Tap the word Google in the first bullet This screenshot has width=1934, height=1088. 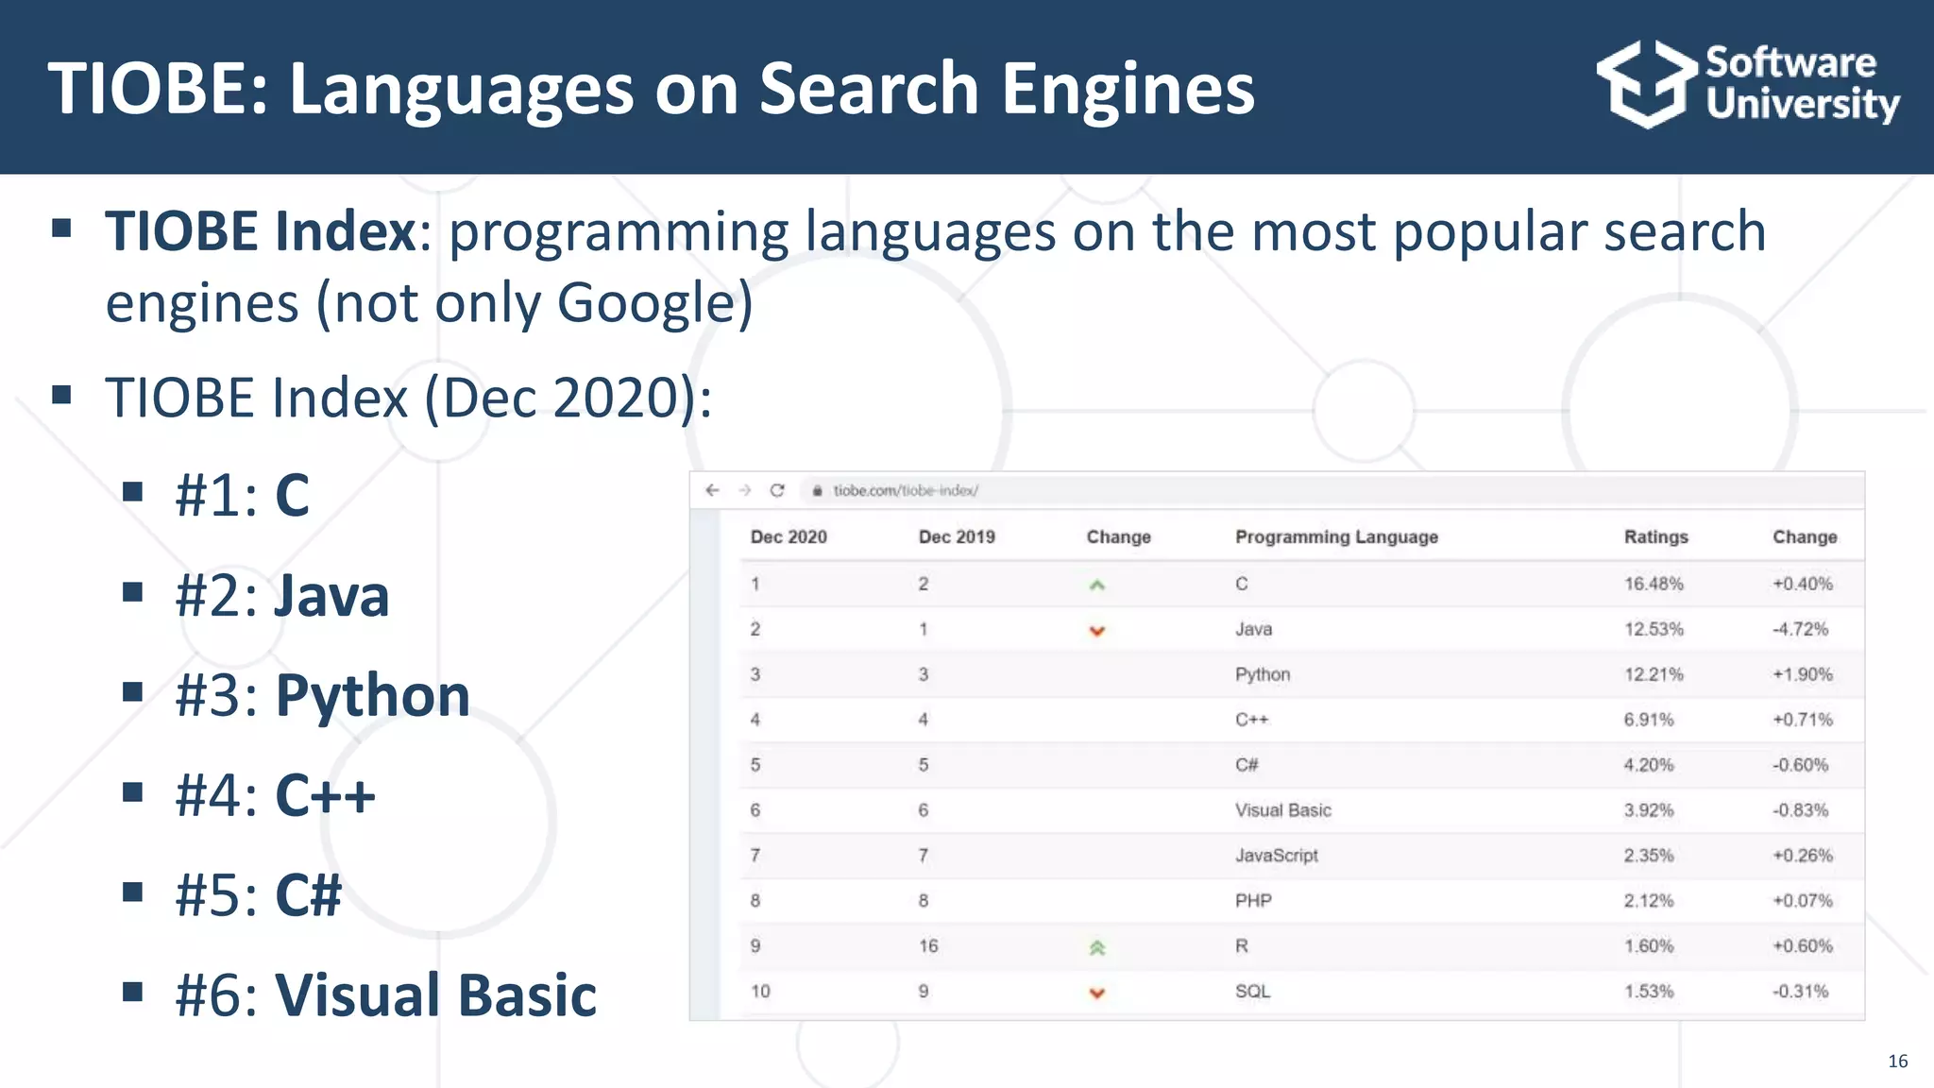point(641,303)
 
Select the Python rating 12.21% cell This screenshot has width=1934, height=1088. point(1653,674)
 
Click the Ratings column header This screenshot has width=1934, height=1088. point(1655,536)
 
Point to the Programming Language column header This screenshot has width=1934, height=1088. point(1336,536)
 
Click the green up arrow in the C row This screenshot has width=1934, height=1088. point(1096,586)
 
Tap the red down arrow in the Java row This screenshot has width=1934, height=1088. point(1096,631)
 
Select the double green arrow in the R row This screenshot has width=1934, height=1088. point(1096,947)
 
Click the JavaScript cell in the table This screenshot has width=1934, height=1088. point(1276,856)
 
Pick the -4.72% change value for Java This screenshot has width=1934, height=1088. point(1800,629)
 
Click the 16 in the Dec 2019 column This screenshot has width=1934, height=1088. point(928,946)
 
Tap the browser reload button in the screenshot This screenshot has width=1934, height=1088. point(777,490)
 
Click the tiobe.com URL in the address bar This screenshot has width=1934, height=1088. point(905,490)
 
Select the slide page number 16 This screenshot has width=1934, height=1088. point(1897,1062)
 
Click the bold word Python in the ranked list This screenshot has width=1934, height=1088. point(372,696)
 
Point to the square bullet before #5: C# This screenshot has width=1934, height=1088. point(132,892)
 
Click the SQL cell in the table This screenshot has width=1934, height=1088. point(1252,992)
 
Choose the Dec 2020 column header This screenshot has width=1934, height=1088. point(789,536)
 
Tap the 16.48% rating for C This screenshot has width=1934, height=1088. point(1653,584)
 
